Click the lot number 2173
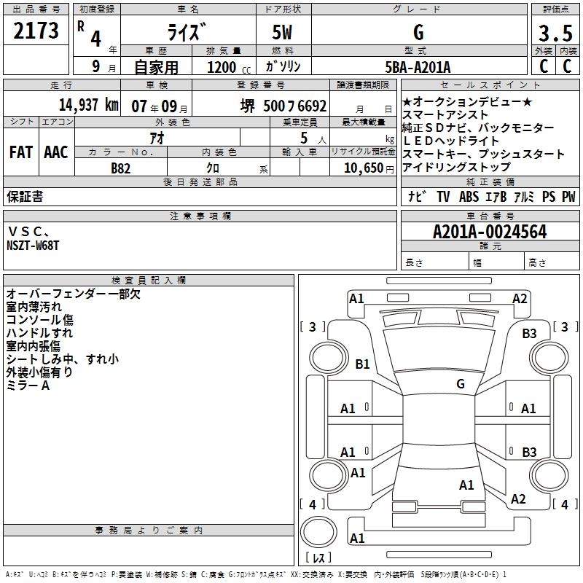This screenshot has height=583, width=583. click(x=36, y=31)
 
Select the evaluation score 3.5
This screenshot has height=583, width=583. click(x=555, y=34)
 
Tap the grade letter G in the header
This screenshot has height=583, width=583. click(x=418, y=33)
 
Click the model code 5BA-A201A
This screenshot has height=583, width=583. click(x=418, y=68)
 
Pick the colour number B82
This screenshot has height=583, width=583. click(x=121, y=168)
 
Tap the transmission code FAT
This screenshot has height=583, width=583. click(x=20, y=152)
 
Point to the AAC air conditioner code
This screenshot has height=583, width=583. click(x=56, y=152)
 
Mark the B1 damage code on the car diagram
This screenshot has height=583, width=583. click(x=362, y=364)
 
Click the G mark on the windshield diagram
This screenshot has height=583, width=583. click(x=460, y=383)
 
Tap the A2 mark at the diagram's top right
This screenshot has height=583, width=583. click(x=520, y=298)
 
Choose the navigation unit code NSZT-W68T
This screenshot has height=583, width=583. click(x=33, y=246)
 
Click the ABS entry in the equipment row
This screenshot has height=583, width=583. click(x=469, y=197)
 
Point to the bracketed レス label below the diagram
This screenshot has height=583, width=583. click(x=318, y=559)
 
